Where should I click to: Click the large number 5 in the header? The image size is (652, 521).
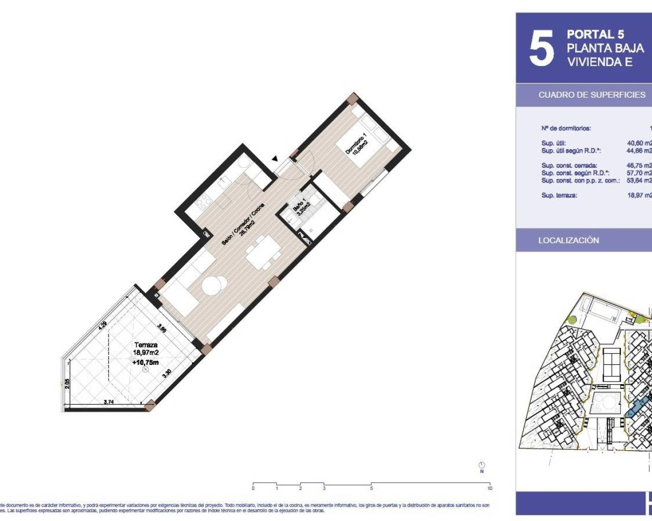tap(541, 49)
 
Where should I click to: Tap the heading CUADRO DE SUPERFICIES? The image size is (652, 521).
tap(591, 95)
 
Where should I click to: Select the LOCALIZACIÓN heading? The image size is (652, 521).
tap(568, 240)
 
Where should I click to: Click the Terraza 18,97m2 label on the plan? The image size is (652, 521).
tap(146, 349)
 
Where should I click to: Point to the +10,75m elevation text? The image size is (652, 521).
tap(145, 362)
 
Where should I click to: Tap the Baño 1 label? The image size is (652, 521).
tap(301, 207)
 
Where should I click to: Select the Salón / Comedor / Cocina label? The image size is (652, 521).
tap(243, 224)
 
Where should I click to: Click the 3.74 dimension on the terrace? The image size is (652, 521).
tap(108, 402)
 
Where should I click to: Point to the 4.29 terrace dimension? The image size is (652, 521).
tap(103, 324)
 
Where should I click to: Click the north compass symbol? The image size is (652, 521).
tap(482, 465)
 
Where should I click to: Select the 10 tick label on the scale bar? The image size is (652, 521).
tap(490, 488)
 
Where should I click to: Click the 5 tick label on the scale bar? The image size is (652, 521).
tap(371, 488)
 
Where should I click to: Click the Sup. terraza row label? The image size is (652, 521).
tap(559, 195)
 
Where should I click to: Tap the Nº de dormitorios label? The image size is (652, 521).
tap(566, 128)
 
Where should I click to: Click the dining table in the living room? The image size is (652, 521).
tap(263, 251)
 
